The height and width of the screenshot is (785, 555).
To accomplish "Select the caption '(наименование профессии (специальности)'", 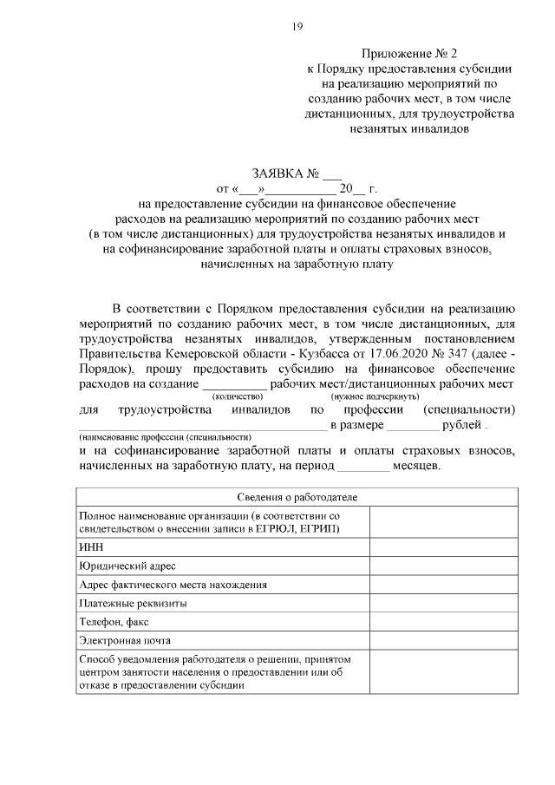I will click(165, 436).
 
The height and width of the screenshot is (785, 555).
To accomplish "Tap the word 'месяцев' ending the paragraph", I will click(418, 465).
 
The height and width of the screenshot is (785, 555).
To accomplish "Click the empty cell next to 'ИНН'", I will click(444, 546).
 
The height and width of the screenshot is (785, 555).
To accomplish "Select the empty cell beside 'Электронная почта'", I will click(444, 641).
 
